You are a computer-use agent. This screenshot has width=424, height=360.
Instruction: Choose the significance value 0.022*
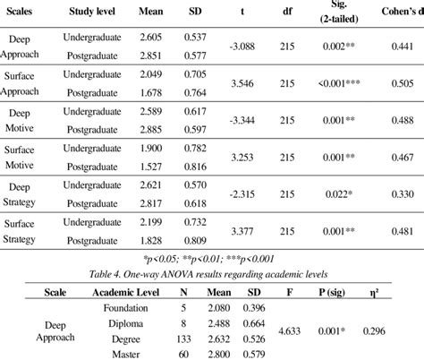(338, 193)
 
